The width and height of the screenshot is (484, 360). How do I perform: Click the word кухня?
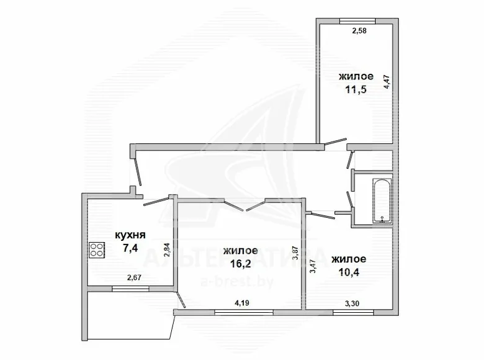(x=130, y=235)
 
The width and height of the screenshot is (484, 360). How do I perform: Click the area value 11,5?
(x=356, y=88)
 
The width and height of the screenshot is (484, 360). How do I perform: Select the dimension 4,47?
(x=387, y=83)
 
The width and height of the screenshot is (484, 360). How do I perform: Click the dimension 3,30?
(x=353, y=305)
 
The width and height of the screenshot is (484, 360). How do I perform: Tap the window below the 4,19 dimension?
(x=241, y=313)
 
